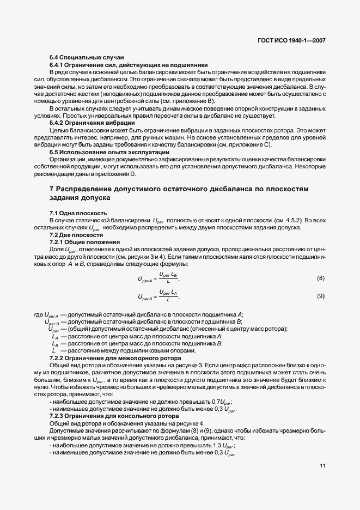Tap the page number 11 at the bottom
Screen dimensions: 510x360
(322, 465)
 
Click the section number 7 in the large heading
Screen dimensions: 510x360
(51, 189)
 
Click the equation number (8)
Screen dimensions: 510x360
(321, 278)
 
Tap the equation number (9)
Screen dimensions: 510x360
(321, 296)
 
